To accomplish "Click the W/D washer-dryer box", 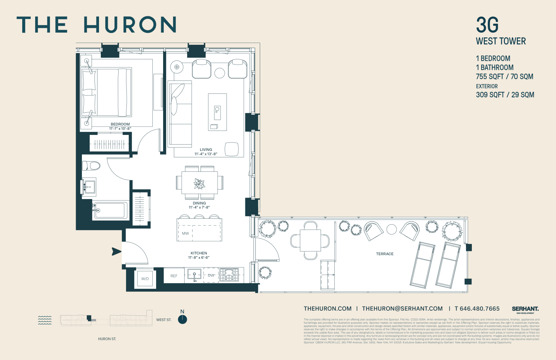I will pyautogui.click(x=145, y=278).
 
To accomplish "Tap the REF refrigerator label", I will pyautogui.click(x=174, y=276).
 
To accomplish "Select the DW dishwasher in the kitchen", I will pyautogui.click(x=211, y=275).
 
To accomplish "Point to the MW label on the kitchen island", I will pyautogui.click(x=185, y=233).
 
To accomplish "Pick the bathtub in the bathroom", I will pyautogui.click(x=110, y=210).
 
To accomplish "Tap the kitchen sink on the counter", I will pyautogui.click(x=194, y=275).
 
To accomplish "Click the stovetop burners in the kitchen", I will pyautogui.click(x=229, y=275).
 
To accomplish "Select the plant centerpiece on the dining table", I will pyautogui.click(x=199, y=184).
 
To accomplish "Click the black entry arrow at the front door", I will pyautogui.click(x=116, y=251).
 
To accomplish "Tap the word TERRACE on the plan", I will pyautogui.click(x=385, y=254).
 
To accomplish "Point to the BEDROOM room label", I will pyautogui.click(x=120, y=124).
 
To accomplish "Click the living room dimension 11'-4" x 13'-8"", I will pyautogui.click(x=206, y=154).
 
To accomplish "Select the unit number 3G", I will pyautogui.click(x=487, y=25).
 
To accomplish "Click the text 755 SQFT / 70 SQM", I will pyautogui.click(x=504, y=77).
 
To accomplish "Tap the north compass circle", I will pyautogui.click(x=182, y=319).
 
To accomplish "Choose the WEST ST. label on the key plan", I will pyautogui.click(x=164, y=320).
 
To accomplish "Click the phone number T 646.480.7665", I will pyautogui.click(x=477, y=308).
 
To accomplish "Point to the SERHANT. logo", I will pyautogui.click(x=525, y=309).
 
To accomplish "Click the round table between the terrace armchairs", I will pyautogui.click(x=391, y=229).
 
